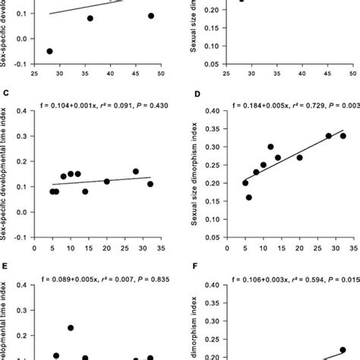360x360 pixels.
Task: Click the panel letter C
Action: [5, 94]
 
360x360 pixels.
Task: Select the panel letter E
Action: [5, 267]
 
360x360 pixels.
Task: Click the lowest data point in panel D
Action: [248, 197]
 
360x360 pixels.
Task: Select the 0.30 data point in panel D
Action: [270, 147]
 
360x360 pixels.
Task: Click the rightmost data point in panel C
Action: [150, 184]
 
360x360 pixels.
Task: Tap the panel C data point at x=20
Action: [107, 182]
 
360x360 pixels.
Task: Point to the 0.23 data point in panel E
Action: [71, 328]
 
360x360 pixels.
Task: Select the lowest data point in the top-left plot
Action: [49, 51]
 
